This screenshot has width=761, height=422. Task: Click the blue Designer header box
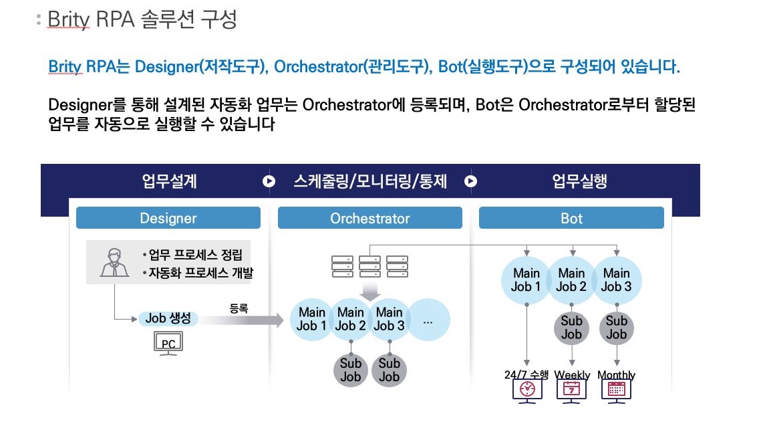[x=168, y=218]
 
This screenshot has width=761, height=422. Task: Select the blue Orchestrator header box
[x=369, y=218]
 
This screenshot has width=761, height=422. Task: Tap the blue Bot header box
[x=571, y=218]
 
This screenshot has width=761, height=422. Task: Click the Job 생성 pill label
[x=168, y=318]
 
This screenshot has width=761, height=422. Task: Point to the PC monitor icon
[x=168, y=344]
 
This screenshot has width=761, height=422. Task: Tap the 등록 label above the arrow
[x=239, y=308]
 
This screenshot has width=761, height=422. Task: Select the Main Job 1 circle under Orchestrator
[x=312, y=319]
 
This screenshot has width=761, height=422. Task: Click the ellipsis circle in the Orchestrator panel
[x=428, y=320]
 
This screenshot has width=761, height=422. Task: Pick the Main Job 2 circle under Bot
[x=571, y=280]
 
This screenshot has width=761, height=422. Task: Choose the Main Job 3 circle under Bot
[x=616, y=280]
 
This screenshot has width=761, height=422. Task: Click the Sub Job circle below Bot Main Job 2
[x=571, y=328]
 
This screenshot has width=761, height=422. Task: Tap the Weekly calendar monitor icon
[x=572, y=389]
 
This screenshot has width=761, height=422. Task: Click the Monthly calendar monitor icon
[x=617, y=389]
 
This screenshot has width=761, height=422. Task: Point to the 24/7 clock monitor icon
[x=527, y=389]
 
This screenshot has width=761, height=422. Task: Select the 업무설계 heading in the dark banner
[x=169, y=181]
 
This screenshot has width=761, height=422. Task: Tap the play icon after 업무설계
[x=269, y=181]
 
